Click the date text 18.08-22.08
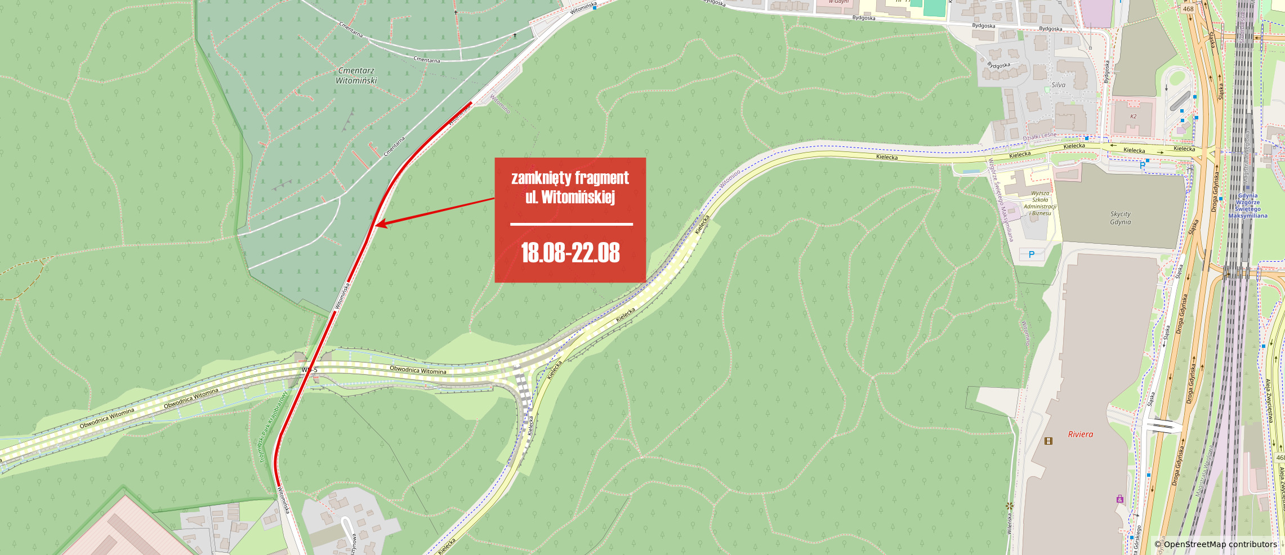[570, 253]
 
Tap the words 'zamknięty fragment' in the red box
[570, 178]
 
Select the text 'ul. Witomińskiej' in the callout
[570, 197]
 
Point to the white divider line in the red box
[571, 224]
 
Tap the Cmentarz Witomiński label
[356, 75]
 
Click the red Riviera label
[1080, 434]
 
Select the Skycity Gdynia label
[1120, 218]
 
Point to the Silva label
[1058, 85]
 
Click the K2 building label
[1134, 117]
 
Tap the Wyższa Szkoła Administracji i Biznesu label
[1040, 203]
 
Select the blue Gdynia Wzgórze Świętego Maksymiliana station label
[1248, 205]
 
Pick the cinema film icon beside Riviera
[1048, 441]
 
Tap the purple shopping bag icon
[1119, 499]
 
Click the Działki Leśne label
[1039, 136]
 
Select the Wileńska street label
[1010, 523]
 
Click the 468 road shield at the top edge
[1188, 8]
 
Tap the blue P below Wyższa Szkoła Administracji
[1032, 254]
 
